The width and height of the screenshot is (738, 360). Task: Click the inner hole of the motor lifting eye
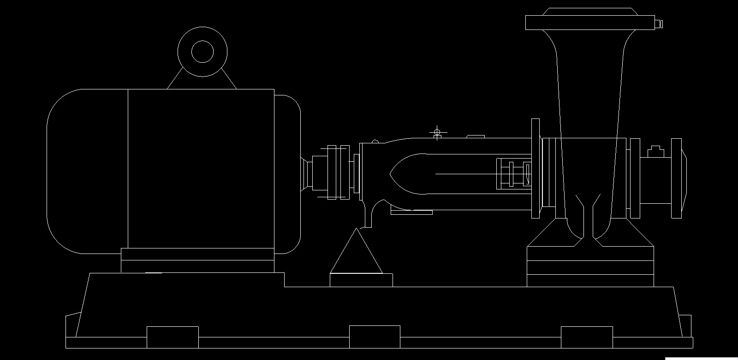click(202, 51)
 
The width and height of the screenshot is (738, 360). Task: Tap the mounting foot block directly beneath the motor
click(197, 260)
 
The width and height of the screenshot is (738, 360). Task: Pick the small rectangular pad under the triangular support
click(361, 280)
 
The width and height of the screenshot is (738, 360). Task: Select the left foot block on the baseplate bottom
click(173, 337)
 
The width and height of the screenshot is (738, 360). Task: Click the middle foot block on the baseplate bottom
click(375, 336)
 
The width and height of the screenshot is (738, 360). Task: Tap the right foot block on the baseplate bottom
click(587, 337)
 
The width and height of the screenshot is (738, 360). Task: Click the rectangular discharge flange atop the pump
click(590, 23)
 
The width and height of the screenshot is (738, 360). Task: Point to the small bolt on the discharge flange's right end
click(660, 23)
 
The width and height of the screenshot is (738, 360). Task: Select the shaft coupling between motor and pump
click(337, 172)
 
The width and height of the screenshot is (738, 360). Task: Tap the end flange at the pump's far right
click(677, 177)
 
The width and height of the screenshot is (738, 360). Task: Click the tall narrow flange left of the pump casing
click(536, 168)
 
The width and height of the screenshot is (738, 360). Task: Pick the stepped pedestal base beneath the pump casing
click(590, 267)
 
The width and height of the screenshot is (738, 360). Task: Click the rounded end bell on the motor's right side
click(288, 174)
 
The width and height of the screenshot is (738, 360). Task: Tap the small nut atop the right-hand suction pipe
click(655, 151)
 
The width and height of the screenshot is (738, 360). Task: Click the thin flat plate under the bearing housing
click(411, 212)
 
